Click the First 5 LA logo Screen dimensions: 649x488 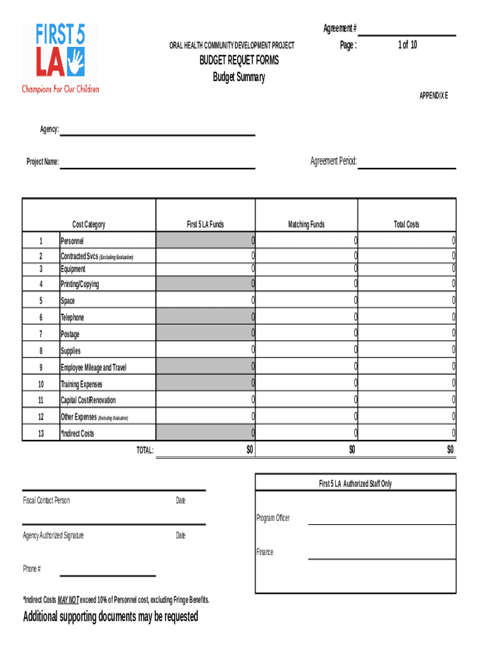[60, 58]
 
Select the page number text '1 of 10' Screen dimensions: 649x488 [407, 45]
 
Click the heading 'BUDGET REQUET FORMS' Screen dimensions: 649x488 [239, 61]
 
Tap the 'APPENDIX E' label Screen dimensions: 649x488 [433, 96]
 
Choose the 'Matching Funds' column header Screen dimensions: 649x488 [306, 224]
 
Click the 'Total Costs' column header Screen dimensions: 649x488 [406, 224]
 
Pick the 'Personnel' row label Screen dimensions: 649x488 [72, 241]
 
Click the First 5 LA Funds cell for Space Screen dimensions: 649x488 [205, 300]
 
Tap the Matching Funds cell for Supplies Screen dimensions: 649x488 [307, 350]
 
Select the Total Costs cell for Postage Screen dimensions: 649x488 [407, 333]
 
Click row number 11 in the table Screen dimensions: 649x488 [41, 400]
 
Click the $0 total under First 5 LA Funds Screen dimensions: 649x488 [249, 449]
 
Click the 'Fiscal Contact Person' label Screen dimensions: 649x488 [46, 501]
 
